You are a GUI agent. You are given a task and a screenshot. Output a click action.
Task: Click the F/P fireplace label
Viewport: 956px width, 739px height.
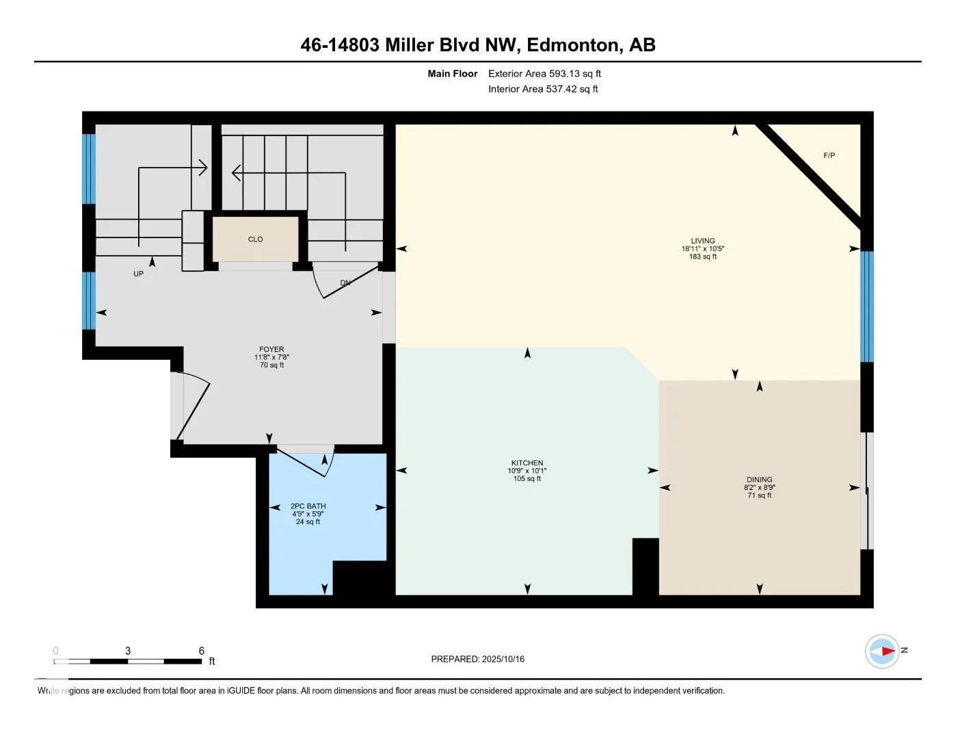[x=829, y=155]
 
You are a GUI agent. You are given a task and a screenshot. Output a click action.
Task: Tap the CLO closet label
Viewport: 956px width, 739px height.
[x=255, y=239]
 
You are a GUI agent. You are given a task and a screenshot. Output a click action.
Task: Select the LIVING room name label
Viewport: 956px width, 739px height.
[x=702, y=241]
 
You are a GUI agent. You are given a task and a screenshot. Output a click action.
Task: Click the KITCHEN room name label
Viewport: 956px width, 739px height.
[x=527, y=463]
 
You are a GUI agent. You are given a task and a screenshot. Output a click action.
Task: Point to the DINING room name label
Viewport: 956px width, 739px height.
[x=759, y=479]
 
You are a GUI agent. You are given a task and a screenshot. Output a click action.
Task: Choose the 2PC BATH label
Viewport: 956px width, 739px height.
[x=308, y=506]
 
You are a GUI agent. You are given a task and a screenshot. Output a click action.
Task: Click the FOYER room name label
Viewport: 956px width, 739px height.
[x=271, y=349]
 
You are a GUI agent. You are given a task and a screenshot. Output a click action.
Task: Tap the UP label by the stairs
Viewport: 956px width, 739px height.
[x=138, y=274]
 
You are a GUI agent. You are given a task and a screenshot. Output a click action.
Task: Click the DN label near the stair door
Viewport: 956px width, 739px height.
[x=345, y=283]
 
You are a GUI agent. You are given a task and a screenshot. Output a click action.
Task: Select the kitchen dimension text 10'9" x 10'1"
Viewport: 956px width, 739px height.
[x=527, y=471]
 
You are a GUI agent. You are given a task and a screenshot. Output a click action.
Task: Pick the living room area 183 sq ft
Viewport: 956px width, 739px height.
[x=702, y=257]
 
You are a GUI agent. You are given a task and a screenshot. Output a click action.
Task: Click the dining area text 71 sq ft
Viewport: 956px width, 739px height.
[x=759, y=495]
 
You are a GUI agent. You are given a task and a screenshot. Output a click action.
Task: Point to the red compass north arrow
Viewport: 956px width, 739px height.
[x=888, y=651]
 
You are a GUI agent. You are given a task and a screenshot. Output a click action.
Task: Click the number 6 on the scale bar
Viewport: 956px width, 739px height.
[x=202, y=651]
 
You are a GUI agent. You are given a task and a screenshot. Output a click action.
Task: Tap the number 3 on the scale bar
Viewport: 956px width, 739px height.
[x=128, y=651]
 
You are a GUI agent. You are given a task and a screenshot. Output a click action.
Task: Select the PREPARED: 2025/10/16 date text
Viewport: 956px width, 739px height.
[x=478, y=659]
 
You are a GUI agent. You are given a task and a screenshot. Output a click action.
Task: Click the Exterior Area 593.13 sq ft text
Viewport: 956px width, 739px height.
[x=544, y=73]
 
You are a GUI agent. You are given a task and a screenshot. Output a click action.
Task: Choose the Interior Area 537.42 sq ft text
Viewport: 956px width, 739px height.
[x=543, y=89]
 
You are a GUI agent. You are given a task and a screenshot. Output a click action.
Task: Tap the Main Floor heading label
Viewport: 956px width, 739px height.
[x=452, y=73]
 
